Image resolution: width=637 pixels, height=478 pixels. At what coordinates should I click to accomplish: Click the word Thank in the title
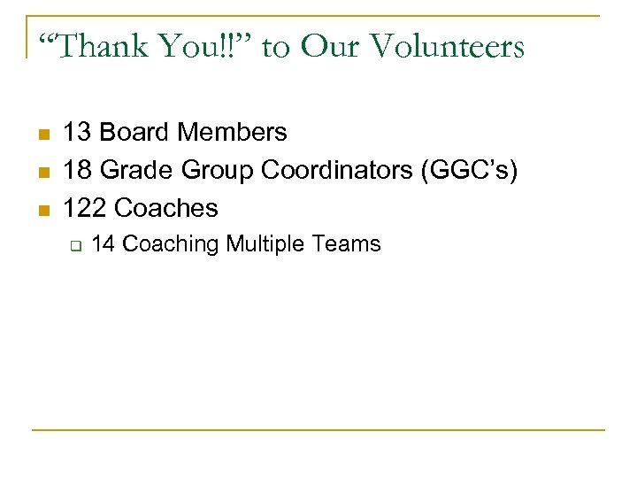click(103, 45)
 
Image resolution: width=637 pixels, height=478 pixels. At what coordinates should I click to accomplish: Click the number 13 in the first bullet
click(77, 133)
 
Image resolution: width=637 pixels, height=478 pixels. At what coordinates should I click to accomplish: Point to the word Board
click(134, 133)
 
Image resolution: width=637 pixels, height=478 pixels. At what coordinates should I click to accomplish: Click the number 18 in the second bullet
click(77, 170)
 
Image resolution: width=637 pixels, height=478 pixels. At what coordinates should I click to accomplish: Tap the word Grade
click(135, 170)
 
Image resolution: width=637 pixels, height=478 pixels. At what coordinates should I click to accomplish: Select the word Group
click(211, 170)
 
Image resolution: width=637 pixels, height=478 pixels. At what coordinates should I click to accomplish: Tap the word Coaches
click(165, 208)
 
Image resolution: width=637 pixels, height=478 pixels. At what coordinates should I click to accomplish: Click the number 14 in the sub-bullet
click(103, 243)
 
